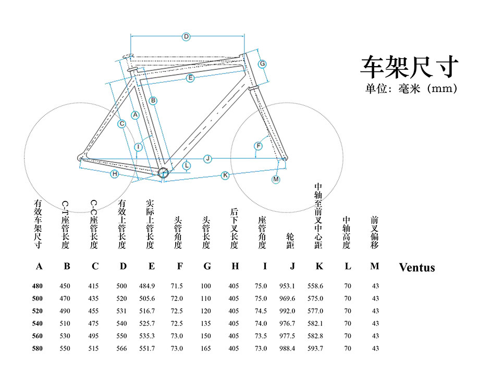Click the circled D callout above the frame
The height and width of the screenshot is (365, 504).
[186, 36]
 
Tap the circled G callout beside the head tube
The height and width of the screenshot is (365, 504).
[263, 64]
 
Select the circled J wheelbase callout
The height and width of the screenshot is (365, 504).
[207, 158]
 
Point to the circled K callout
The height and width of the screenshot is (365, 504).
[225, 175]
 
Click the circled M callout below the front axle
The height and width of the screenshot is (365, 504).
[276, 180]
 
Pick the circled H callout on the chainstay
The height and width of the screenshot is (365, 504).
[114, 174]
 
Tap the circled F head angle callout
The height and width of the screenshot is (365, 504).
[257, 146]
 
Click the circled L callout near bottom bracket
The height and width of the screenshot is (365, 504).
[187, 166]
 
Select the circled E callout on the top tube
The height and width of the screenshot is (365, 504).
[190, 78]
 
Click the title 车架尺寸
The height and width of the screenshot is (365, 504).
[409, 67]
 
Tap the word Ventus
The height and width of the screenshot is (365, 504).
[416, 268]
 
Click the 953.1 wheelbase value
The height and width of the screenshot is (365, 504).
[287, 286]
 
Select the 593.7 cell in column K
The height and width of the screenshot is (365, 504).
[315, 348]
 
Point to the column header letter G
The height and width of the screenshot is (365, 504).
[207, 267]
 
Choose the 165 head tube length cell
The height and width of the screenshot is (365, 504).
[206, 348]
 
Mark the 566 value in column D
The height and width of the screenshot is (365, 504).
[122, 348]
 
